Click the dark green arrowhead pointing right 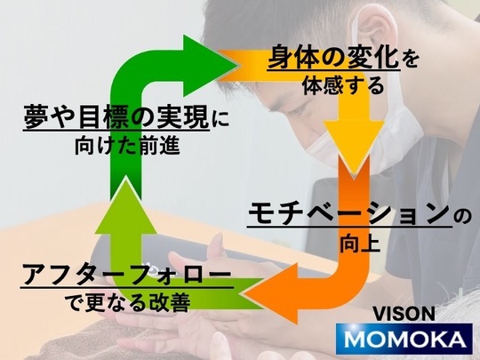[x=208, y=66]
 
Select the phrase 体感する [x=343, y=85]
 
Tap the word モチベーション [x=349, y=213]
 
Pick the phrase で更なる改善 [x=128, y=302]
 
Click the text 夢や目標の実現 [x=116, y=117]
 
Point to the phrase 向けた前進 [x=127, y=146]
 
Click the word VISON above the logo [x=404, y=314]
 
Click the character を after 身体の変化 [x=410, y=59]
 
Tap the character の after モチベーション [x=462, y=217]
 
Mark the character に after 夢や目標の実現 [x=220, y=119]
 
